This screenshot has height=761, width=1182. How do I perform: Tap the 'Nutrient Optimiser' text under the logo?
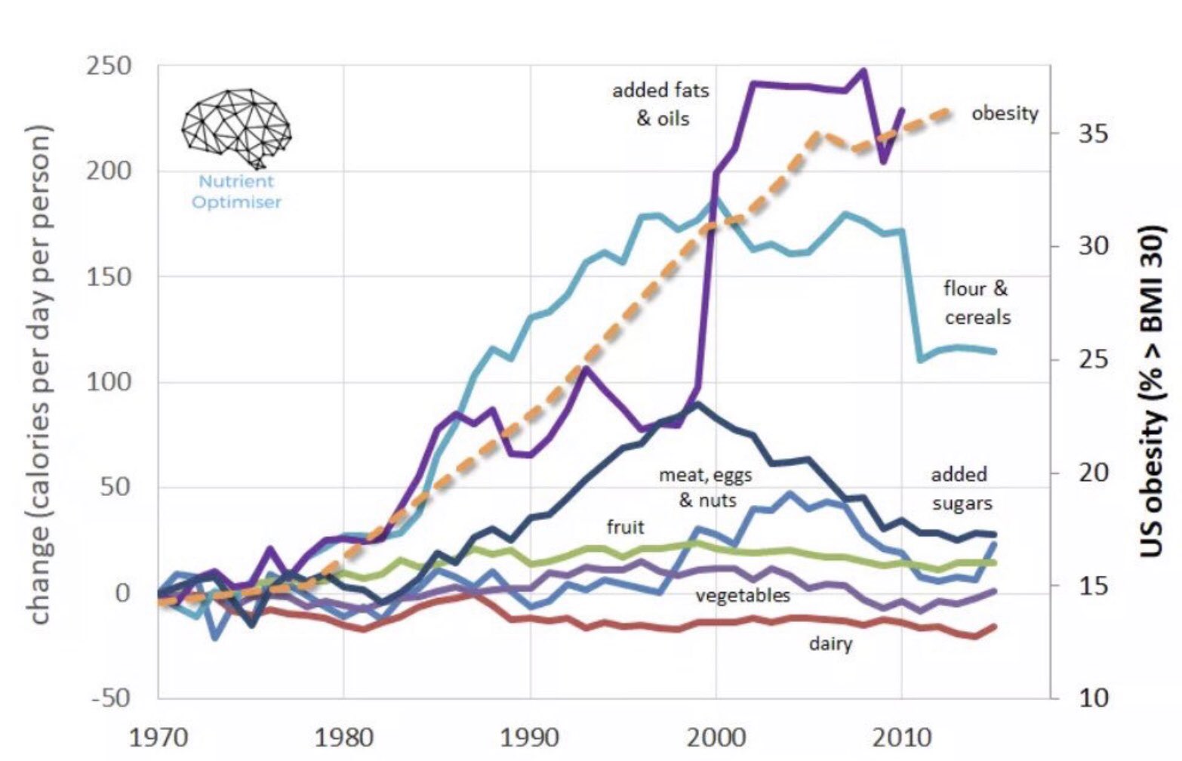coord(236,192)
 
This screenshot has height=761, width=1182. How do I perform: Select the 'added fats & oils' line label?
coord(660,104)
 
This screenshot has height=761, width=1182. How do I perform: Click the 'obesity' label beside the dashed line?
coord(1004,113)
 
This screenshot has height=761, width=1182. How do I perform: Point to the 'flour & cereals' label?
coord(976,303)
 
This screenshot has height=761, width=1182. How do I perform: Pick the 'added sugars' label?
coord(960,488)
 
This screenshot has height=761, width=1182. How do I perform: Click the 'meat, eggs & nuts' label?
coord(706,487)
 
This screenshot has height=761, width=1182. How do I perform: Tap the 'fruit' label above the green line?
coord(625,526)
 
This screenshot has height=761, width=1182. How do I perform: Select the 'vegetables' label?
coord(743,595)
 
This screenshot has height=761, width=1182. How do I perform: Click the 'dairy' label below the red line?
coord(830,643)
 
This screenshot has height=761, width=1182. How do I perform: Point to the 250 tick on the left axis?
coord(109,66)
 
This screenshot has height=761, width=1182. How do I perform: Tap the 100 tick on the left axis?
coord(109,382)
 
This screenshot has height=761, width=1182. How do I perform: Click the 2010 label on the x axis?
coord(901,737)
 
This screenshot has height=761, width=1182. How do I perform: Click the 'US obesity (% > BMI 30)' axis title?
coord(1151,390)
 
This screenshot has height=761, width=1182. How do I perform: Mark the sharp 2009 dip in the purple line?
coord(884,162)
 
